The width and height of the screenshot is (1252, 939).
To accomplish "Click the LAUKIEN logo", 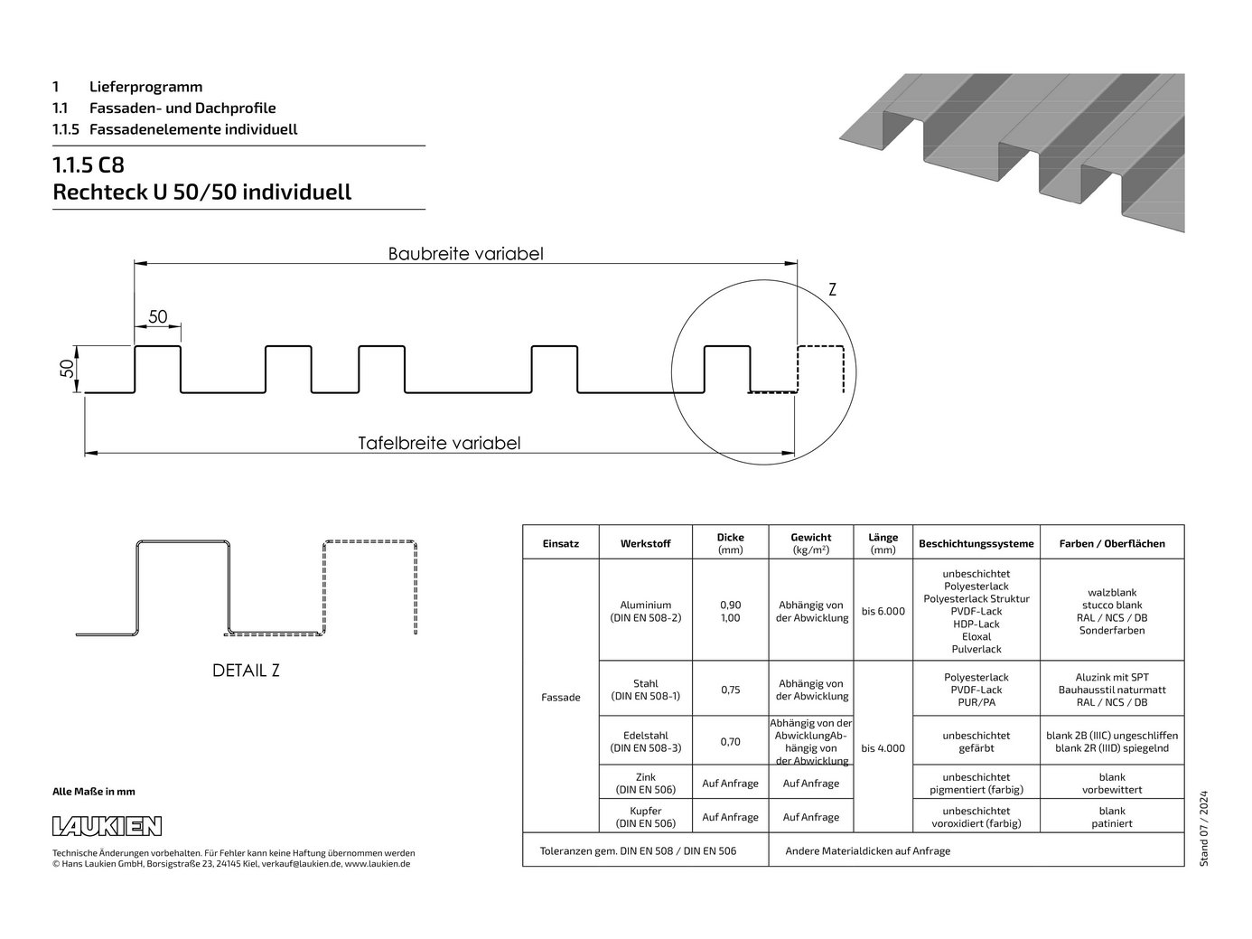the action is (107, 826).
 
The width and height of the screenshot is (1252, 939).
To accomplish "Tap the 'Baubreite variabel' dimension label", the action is (465, 254).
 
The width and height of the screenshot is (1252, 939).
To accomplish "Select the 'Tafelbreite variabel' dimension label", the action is (439, 443).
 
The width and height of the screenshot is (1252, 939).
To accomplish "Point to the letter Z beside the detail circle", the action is (832, 290).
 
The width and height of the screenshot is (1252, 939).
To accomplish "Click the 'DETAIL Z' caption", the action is (246, 671).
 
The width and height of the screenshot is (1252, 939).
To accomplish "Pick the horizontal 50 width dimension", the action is (158, 316).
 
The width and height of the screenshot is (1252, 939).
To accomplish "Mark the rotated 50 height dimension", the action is (68, 369).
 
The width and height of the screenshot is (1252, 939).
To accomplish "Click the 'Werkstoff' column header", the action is (645, 544).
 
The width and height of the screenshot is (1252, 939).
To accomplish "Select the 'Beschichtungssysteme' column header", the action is (976, 544).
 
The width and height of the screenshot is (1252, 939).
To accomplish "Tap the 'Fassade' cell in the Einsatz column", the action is (561, 697).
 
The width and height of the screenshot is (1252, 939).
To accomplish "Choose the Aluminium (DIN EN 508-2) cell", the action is (645, 611).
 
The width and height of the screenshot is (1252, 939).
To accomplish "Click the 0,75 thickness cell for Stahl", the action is (730, 690).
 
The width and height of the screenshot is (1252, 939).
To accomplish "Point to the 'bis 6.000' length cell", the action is (883, 611).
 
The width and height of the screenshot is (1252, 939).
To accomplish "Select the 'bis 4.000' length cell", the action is (883, 748).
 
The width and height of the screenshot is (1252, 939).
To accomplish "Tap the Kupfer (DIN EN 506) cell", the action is (645, 817).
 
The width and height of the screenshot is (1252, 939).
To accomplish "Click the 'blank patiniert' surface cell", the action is (1112, 817).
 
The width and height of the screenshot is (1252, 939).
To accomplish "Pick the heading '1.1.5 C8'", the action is (89, 164).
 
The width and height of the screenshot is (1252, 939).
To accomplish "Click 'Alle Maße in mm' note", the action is (94, 792).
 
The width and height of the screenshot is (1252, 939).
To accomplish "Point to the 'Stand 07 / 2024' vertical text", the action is (1203, 829).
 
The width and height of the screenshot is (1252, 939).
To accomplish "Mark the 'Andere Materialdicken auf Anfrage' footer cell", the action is (867, 851).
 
